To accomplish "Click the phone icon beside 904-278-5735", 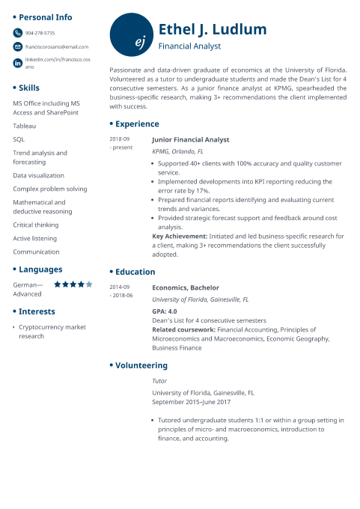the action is (18, 33).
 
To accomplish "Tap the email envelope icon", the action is (18, 46).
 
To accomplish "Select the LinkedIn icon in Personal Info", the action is (18, 62).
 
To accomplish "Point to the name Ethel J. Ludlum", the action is (212, 30).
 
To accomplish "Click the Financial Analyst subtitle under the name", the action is (189, 46).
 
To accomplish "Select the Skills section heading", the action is (29, 88).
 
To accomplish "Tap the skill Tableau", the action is (24, 126).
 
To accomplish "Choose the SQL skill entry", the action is (19, 139).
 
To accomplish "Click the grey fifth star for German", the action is (90, 284).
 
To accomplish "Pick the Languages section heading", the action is (40, 269).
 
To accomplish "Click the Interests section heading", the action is (37, 311).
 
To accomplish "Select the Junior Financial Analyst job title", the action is (190, 139).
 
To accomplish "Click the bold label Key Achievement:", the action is (179, 236).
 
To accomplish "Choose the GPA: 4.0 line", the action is (165, 311).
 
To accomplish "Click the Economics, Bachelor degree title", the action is (186, 287).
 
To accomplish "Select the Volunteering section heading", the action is (141, 365).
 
